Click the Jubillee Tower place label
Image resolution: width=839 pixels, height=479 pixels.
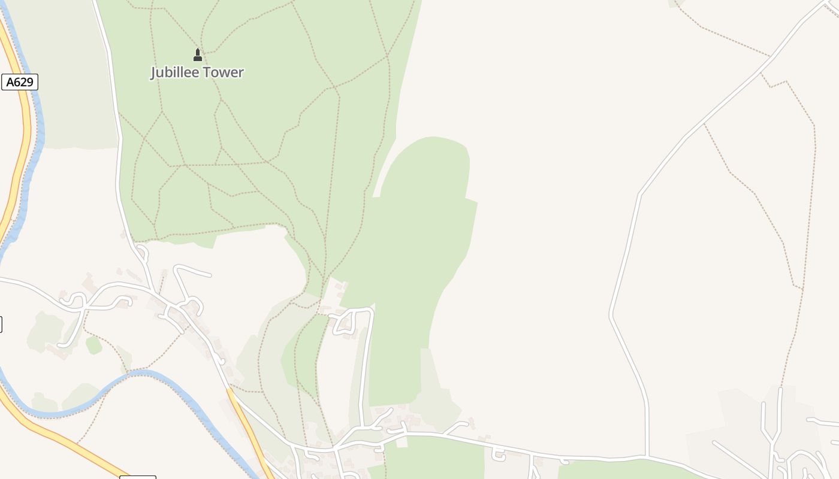(197, 72)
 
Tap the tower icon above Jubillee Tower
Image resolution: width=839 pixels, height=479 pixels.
(198, 55)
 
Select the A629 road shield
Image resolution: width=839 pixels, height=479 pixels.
(20, 82)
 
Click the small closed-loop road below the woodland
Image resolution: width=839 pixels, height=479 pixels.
(344, 324)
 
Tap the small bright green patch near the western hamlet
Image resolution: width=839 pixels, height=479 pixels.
(93, 345)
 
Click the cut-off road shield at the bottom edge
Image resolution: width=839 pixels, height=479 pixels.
(138, 477)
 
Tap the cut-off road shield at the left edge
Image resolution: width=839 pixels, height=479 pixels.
(1, 324)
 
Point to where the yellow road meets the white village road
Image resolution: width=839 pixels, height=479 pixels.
(230, 390)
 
